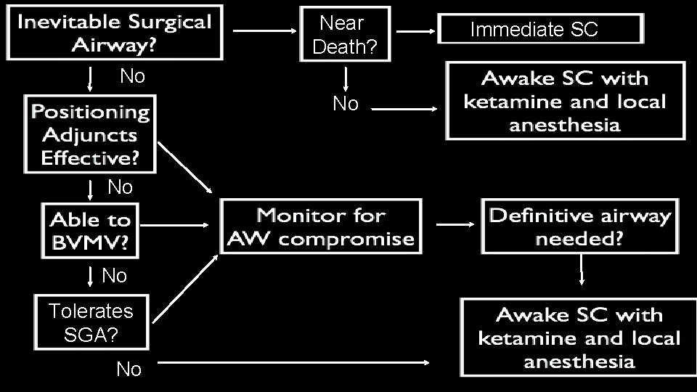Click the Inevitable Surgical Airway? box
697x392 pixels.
click(x=115, y=33)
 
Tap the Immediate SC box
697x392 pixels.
click(x=541, y=30)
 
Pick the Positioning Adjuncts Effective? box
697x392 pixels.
click(x=90, y=135)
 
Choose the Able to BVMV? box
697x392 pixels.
click(x=90, y=231)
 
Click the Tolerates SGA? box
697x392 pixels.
click(x=91, y=322)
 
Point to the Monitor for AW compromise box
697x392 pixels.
click(x=322, y=226)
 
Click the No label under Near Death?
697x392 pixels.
click(x=346, y=105)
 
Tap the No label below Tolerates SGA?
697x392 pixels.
click(x=129, y=369)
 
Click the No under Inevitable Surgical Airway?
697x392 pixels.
click(x=132, y=75)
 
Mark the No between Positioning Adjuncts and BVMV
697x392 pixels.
click(x=120, y=187)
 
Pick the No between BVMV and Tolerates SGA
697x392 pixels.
click(x=114, y=276)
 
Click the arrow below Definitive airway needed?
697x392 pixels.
click(x=582, y=273)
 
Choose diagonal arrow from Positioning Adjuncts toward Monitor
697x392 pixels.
click(x=184, y=167)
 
